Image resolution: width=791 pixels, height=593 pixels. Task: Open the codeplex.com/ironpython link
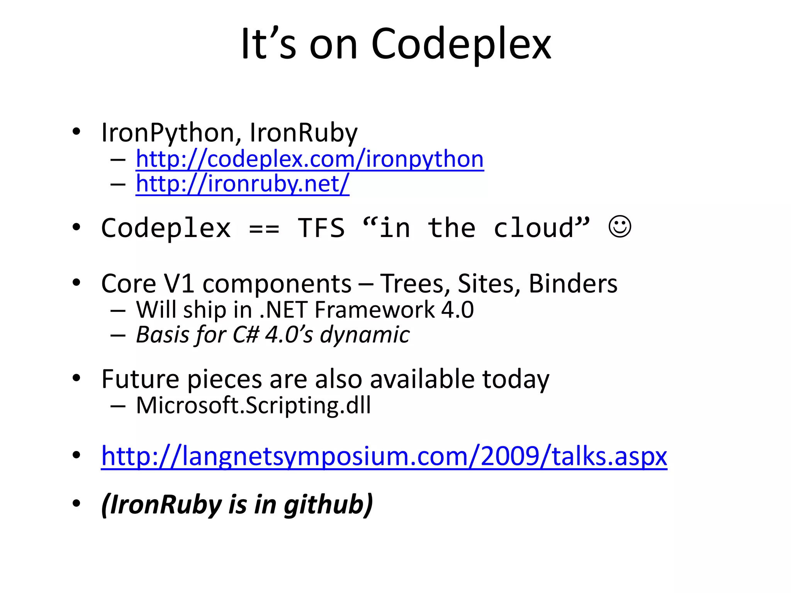tap(309, 159)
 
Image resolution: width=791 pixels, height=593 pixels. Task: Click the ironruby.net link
tap(242, 183)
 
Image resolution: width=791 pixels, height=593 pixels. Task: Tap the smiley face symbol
tap(620, 227)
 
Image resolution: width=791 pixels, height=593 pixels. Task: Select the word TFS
tap(321, 228)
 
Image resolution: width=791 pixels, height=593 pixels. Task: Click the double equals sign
tap(264, 229)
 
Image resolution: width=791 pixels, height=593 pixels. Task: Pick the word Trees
tap(412, 284)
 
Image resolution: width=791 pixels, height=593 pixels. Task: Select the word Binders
tap(573, 284)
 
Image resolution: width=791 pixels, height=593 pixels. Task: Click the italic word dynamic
tap(365, 335)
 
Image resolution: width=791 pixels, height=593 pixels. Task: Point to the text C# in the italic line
tap(246, 335)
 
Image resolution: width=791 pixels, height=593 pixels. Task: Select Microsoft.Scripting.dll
tap(253, 406)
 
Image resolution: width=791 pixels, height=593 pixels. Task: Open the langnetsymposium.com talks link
tap(384, 457)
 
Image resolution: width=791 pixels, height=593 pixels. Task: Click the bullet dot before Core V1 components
tap(76, 283)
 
